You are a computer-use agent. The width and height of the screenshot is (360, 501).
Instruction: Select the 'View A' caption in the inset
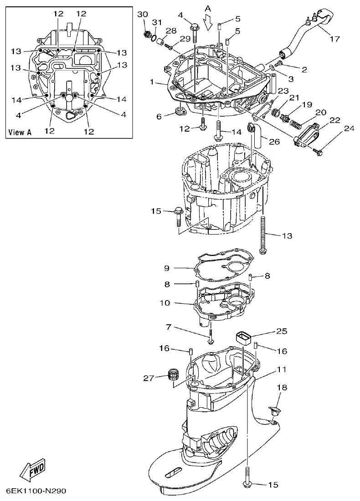point(20,133)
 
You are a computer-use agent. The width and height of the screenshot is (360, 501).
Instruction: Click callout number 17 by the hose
point(334,39)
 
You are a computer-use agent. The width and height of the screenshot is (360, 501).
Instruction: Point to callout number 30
point(142,14)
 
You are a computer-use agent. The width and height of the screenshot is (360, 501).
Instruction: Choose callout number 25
point(282,332)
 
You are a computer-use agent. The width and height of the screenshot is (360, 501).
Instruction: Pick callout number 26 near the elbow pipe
point(274,142)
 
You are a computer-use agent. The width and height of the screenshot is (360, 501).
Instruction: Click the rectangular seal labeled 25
point(244,339)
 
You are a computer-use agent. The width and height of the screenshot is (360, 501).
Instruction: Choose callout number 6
point(159,117)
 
